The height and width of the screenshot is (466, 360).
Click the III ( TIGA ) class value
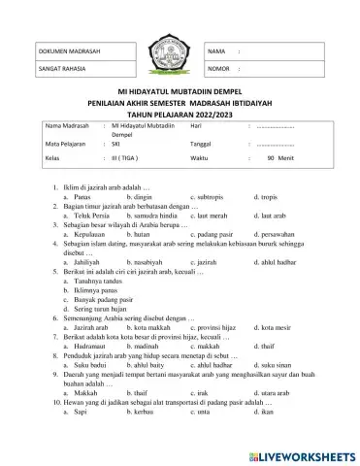128,156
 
